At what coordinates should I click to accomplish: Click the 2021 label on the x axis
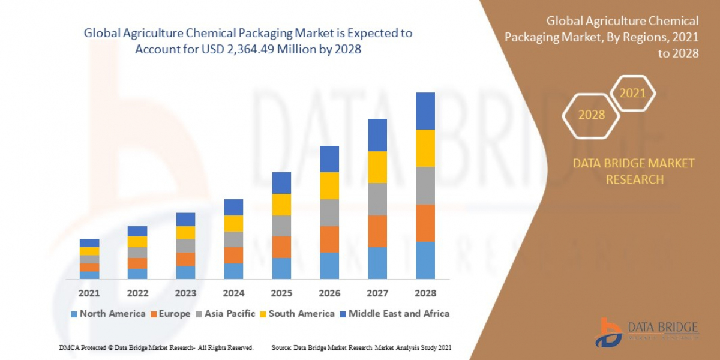89,293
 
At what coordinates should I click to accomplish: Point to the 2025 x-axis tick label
281,293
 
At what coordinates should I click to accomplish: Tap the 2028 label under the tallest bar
425,293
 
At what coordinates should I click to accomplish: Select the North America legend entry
108,314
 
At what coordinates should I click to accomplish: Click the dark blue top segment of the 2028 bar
425,111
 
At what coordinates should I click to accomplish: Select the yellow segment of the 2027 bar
377,167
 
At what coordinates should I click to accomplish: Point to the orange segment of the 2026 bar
329,239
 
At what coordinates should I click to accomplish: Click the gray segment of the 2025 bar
281,226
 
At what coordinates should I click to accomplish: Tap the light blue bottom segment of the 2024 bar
233,271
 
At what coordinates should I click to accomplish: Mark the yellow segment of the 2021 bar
89,251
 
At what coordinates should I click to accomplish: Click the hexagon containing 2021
632,94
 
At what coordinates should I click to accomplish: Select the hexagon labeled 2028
591,115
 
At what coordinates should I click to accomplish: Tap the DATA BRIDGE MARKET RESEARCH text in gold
634,171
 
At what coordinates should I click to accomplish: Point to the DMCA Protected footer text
156,348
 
